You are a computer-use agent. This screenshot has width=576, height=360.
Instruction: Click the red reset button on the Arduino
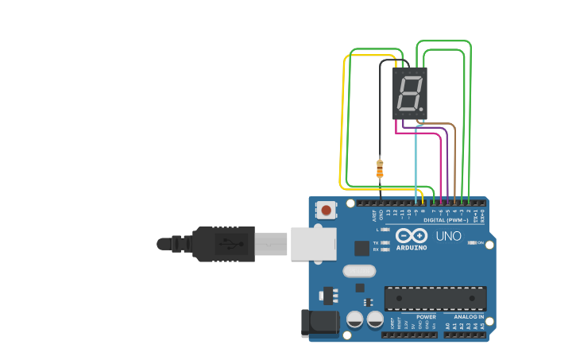click(x=326, y=210)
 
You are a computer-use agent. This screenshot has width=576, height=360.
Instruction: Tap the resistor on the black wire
click(x=380, y=168)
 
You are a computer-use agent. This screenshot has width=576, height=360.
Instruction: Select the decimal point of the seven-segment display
click(x=423, y=109)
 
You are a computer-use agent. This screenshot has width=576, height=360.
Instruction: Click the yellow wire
click(x=343, y=119)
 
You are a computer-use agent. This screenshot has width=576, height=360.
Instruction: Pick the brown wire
click(x=454, y=159)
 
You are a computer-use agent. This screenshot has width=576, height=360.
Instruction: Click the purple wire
click(x=447, y=163)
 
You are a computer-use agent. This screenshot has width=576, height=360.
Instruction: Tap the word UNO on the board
click(x=448, y=236)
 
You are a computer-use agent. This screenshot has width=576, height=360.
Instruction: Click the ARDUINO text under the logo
click(x=411, y=247)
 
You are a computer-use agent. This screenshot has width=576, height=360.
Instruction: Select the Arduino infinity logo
click(x=411, y=236)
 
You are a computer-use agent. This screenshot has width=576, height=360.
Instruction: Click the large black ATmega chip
click(x=435, y=298)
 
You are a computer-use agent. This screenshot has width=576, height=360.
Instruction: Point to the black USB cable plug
click(x=223, y=244)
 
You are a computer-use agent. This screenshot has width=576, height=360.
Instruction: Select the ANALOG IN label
click(x=463, y=316)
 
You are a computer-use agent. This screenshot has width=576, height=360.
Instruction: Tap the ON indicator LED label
click(x=481, y=242)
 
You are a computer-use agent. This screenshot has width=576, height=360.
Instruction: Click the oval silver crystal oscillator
click(x=359, y=271)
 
